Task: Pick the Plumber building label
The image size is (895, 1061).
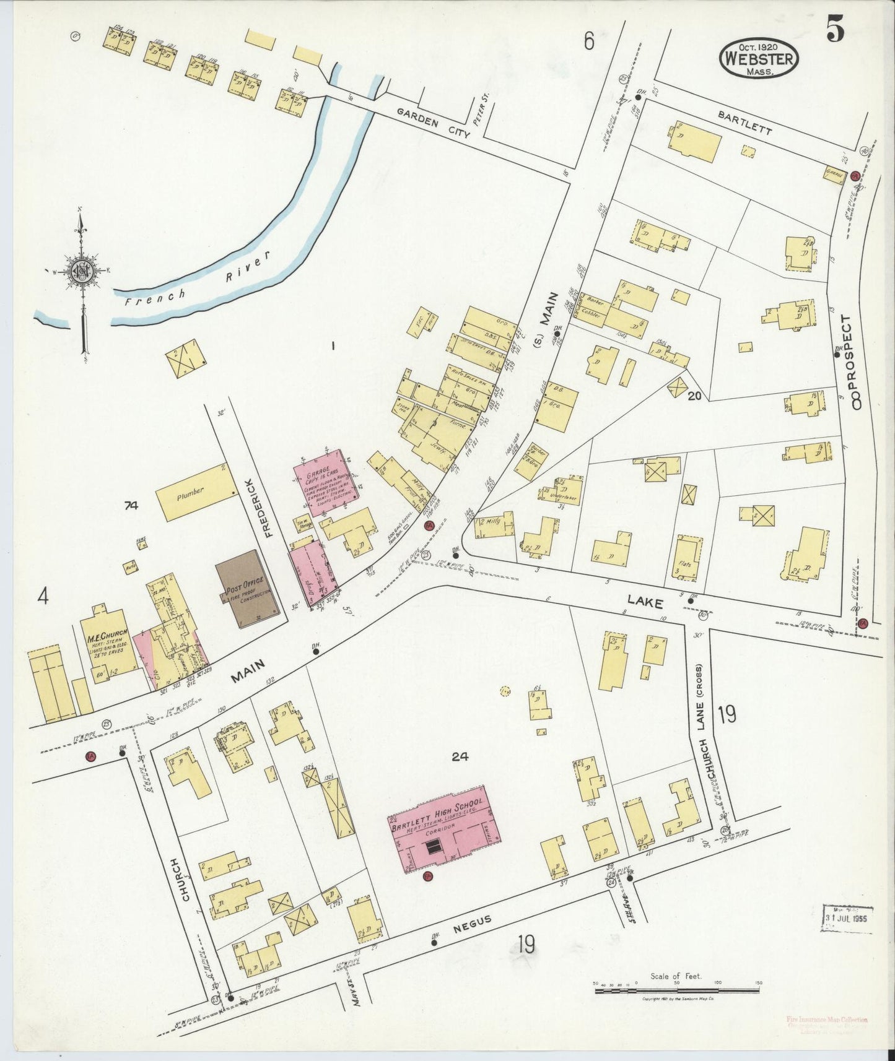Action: coord(191,494)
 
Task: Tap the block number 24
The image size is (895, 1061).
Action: coord(459,756)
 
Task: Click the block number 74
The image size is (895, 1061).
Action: coord(131,506)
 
